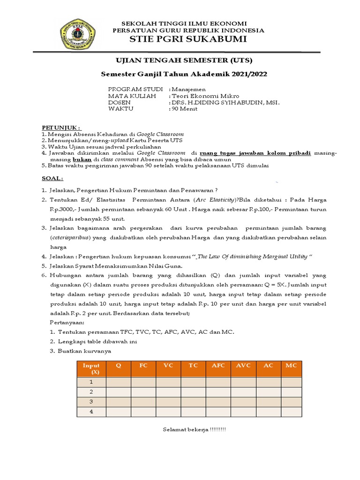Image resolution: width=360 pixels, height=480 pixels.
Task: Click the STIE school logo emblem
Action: pos(77,34)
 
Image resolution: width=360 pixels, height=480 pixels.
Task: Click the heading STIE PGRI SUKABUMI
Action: pos(184,39)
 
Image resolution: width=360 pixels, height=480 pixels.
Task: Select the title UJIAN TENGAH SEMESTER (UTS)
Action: pos(184,61)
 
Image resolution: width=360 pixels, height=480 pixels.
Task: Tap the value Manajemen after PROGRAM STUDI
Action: pos(188,89)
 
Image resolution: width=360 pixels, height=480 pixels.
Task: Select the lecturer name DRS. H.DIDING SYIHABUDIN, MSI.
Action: pos(225,102)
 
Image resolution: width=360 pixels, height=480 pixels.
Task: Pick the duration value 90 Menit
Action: pos(185,109)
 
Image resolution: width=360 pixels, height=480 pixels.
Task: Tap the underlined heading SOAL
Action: pos(52,178)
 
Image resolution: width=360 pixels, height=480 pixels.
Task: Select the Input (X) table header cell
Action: pos(91,368)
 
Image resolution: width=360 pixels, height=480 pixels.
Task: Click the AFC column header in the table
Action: pos(218,365)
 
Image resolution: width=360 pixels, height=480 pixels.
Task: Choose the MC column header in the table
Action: pos(291,365)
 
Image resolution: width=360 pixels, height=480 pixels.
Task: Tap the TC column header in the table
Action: pos(193,365)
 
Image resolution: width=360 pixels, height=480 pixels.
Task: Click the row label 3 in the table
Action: pos(91,402)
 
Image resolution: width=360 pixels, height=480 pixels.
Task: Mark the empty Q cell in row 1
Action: pos(118,382)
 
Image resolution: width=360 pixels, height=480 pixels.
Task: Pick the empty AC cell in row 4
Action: pos(269,412)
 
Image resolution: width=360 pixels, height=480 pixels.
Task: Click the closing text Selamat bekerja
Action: pos(194,430)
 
